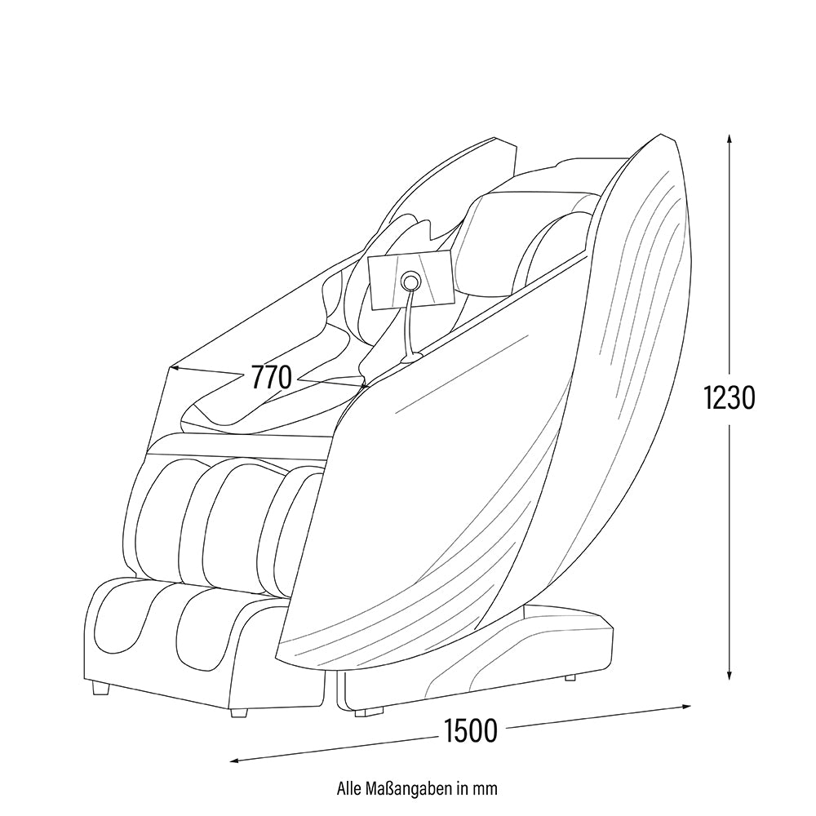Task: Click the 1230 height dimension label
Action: pyautogui.click(x=729, y=398)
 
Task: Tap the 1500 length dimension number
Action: pyautogui.click(x=471, y=730)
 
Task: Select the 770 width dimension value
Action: pyautogui.click(x=272, y=377)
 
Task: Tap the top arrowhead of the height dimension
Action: pyautogui.click(x=730, y=139)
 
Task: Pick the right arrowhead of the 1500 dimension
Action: pyautogui.click(x=686, y=706)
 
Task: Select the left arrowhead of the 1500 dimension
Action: pyautogui.click(x=236, y=761)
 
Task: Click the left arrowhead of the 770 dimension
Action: pyautogui.click(x=176, y=369)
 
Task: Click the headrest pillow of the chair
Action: pyautogui.click(x=526, y=239)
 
